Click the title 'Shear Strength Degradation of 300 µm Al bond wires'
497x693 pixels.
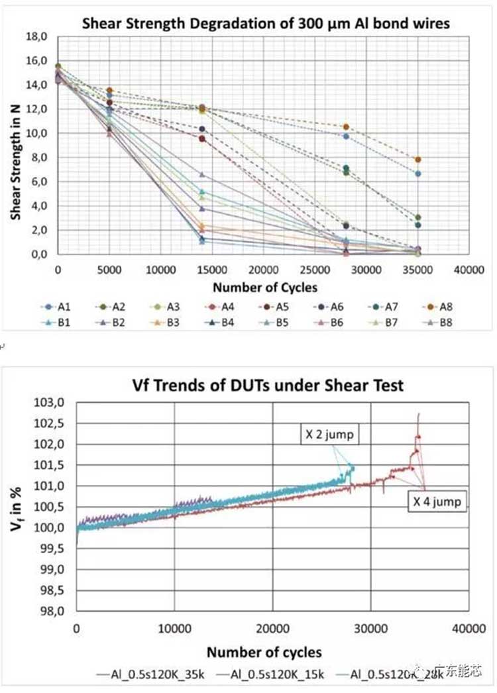[x=266, y=24]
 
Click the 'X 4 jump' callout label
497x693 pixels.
[x=435, y=502]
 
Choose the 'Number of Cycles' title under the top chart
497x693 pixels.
[x=264, y=287]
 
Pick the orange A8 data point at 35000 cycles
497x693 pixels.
[x=417, y=160]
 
